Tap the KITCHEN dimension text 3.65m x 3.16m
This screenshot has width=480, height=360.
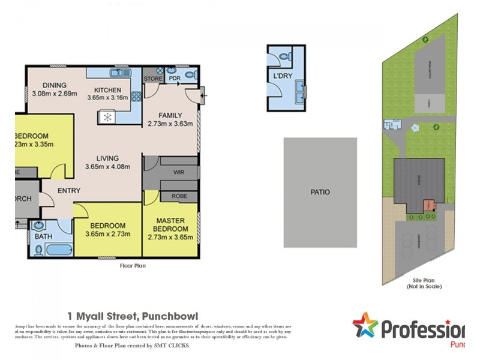coord(108,98)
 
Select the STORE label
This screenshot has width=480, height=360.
coord(152,79)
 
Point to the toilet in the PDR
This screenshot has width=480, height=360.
coord(190,75)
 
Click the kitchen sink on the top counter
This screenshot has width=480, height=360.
coord(116,73)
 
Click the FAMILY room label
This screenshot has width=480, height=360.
coord(170,115)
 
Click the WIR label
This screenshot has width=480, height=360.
coord(178,172)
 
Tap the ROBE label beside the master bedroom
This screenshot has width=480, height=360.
coord(179,196)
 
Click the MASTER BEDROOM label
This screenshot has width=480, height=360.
coord(170,225)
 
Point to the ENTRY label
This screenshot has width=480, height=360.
coord(69,191)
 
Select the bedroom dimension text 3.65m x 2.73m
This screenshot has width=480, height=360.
coord(108,234)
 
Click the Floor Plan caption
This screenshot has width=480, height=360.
coord(133,265)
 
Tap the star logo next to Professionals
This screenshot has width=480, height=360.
coord(365,325)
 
